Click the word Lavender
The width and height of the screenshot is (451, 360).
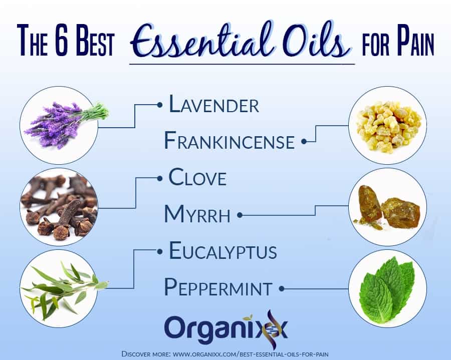[x=214, y=104]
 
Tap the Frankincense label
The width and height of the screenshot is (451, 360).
[x=229, y=141]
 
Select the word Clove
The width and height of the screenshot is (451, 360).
[x=197, y=177]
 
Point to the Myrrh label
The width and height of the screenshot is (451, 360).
[x=197, y=214]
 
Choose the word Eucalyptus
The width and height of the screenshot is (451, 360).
[x=223, y=250]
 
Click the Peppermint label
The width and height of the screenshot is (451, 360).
[x=218, y=287]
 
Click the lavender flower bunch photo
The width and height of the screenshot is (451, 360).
[x=59, y=125]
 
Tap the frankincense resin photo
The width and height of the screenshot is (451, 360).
[x=387, y=125]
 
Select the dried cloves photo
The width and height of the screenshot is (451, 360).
[x=59, y=207]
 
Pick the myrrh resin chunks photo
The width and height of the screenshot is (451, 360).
[x=387, y=207]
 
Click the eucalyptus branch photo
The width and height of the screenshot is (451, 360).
[x=59, y=288]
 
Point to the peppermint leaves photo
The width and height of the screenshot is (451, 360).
[x=387, y=288]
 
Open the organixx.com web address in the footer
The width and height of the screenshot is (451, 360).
[x=251, y=353]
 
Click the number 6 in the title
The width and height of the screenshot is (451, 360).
[x=61, y=40]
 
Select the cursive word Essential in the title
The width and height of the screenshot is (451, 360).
[x=201, y=40]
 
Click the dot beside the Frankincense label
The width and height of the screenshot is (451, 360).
[x=304, y=141]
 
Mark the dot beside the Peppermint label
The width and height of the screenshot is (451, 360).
[x=282, y=288]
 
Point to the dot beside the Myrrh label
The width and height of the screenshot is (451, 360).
[x=240, y=215]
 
